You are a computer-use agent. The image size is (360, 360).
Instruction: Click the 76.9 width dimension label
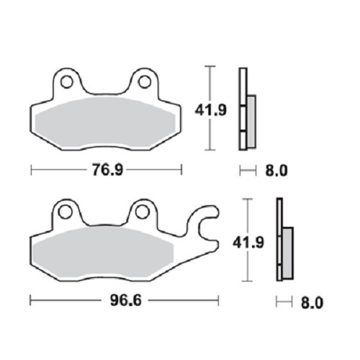point(108,170)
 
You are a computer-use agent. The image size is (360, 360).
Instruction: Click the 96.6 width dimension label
point(126,300)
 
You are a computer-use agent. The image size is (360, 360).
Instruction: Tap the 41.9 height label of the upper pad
point(210,110)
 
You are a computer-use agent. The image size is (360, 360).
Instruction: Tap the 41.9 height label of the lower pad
point(248,242)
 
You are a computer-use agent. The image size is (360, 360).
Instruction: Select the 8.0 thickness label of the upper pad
point(276,171)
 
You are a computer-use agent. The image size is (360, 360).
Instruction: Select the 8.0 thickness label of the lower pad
point(312,303)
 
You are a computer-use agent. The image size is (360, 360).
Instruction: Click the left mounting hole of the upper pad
point(66,82)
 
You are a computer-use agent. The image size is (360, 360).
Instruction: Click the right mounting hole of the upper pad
point(145,82)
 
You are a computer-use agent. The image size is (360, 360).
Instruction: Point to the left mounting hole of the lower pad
point(66,212)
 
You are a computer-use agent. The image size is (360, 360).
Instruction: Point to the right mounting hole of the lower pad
point(141,212)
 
